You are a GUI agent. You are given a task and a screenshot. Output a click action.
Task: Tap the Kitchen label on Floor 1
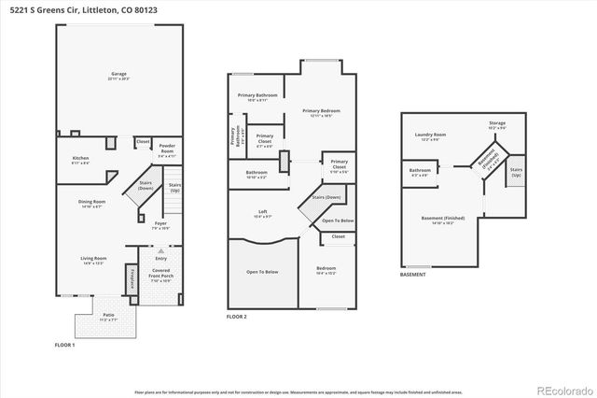[x=80, y=160]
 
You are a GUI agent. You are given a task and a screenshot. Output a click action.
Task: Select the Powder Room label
[x=167, y=147]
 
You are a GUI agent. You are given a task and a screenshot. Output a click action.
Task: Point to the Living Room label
[x=93, y=260]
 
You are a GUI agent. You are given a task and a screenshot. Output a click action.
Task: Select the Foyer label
[x=160, y=223]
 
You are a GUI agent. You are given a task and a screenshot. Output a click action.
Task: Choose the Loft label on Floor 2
[x=263, y=214]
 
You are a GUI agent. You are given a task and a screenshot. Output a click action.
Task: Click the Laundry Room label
[x=430, y=135]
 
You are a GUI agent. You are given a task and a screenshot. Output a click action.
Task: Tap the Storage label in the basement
[x=497, y=124]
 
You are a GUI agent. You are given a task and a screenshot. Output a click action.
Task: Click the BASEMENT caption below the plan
[x=412, y=275]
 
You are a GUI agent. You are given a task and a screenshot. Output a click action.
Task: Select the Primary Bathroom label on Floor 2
[x=257, y=96]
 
